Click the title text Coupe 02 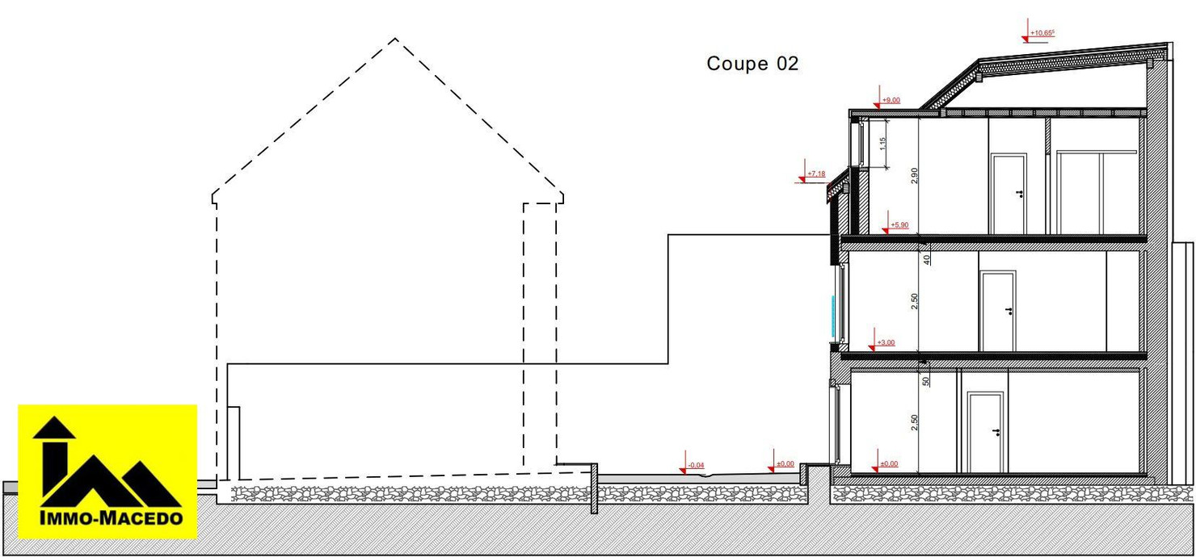[752, 64]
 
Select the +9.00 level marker [891, 100]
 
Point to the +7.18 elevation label [817, 174]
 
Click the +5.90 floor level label [899, 225]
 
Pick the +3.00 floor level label [886, 343]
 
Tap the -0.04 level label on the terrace [696, 465]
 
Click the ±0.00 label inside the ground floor [888, 464]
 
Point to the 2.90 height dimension [914, 176]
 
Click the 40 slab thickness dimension [926, 258]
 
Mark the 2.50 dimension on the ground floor [914, 422]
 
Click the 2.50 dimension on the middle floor [914, 300]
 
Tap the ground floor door [985, 433]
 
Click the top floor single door [1009, 195]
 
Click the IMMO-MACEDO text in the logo [107, 519]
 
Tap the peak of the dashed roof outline [394, 38]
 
